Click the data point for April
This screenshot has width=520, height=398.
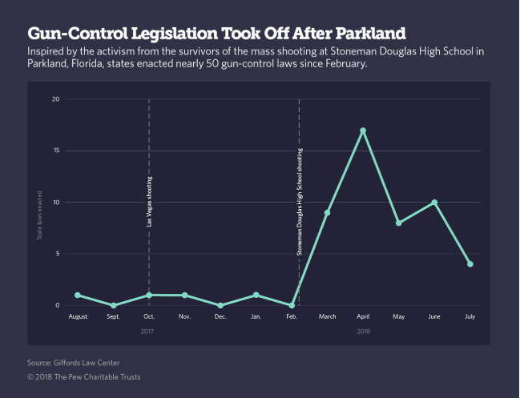click(363, 131)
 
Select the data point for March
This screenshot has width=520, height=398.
click(327, 212)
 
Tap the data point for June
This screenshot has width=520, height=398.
click(434, 203)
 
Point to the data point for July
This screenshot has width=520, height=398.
click(470, 264)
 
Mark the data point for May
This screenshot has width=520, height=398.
click(398, 223)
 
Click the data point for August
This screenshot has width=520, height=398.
click(78, 295)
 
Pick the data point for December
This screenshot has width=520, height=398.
click(220, 306)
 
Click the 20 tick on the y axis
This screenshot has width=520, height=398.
click(56, 99)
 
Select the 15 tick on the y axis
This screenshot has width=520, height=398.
click(56, 151)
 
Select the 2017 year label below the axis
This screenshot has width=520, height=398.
click(148, 331)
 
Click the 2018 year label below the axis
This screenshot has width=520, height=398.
click(363, 331)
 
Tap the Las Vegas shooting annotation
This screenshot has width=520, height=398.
click(150, 201)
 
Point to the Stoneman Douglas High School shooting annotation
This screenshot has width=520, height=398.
click(300, 201)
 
